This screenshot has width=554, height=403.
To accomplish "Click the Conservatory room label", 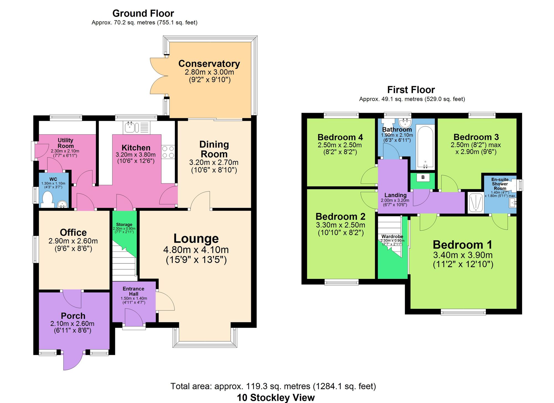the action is pyautogui.click(x=209, y=64).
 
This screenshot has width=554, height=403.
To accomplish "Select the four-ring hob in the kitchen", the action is pyautogui.click(x=168, y=152).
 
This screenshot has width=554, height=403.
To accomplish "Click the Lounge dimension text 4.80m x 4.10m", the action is pyautogui.click(x=196, y=250).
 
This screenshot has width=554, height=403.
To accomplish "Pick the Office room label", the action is pyautogui.click(x=73, y=232).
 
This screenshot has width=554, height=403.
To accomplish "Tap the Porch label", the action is pyautogui.click(x=73, y=316).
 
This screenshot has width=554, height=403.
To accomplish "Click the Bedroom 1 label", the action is pyautogui.click(x=463, y=245).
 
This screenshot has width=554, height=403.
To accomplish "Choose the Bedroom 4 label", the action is pyautogui.click(x=340, y=137).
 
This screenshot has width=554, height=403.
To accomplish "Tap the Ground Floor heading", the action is pyautogui.click(x=143, y=13).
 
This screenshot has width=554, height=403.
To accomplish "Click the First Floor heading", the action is pyautogui.click(x=411, y=90).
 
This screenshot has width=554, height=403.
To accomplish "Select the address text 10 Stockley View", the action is pyautogui.click(x=276, y=398).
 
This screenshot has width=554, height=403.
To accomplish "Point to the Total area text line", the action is pyautogui.click(x=273, y=386).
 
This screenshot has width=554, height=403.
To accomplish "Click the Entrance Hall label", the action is pyautogui.click(x=134, y=291).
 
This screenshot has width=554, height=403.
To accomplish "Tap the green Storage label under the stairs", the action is pyautogui.click(x=124, y=225).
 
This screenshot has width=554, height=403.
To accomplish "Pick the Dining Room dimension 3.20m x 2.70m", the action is pyautogui.click(x=214, y=162).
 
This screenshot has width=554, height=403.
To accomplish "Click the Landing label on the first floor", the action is pyautogui.click(x=395, y=195).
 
